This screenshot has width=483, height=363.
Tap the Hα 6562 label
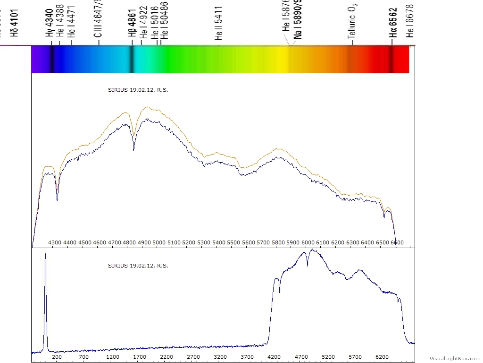[393, 22]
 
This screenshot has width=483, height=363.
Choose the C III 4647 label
[99, 19]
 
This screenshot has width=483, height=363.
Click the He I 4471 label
[71, 26]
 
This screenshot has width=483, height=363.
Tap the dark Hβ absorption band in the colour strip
[132, 60]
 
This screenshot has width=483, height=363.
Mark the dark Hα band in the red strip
[391, 60]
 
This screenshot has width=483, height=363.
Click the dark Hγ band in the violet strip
[51, 60]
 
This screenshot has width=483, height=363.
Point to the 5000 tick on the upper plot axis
[159, 242]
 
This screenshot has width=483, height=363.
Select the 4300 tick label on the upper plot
[55, 242]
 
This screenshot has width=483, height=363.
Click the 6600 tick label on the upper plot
[397, 242]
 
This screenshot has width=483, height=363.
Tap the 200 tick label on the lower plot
[57, 357]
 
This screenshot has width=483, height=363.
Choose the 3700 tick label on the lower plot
[247, 357]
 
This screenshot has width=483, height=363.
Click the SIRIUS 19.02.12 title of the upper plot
[138, 90]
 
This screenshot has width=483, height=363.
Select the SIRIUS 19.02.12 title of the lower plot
[138, 266]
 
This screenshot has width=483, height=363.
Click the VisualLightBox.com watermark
[455, 358]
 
